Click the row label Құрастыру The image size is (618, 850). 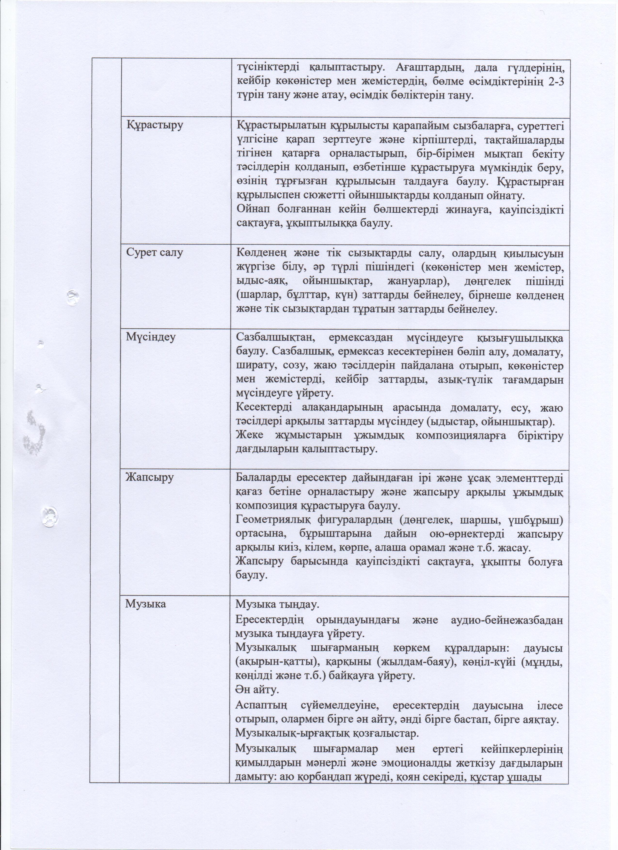155,125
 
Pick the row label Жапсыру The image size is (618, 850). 150,478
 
